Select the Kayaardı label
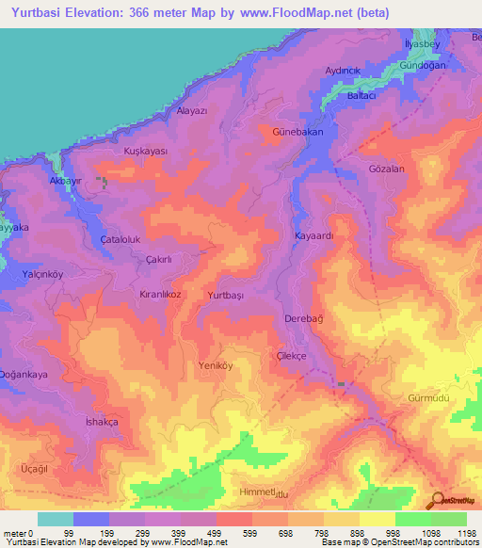coord(314,236)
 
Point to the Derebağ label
coord(304,320)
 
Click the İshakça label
coord(102,422)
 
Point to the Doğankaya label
coord(24,374)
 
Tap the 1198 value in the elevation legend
coord(465,532)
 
